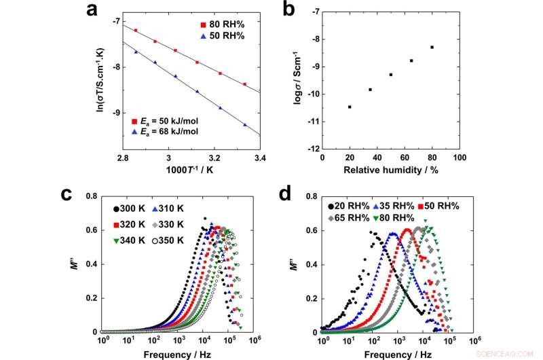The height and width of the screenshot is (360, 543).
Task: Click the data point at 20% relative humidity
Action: point(350,107)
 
